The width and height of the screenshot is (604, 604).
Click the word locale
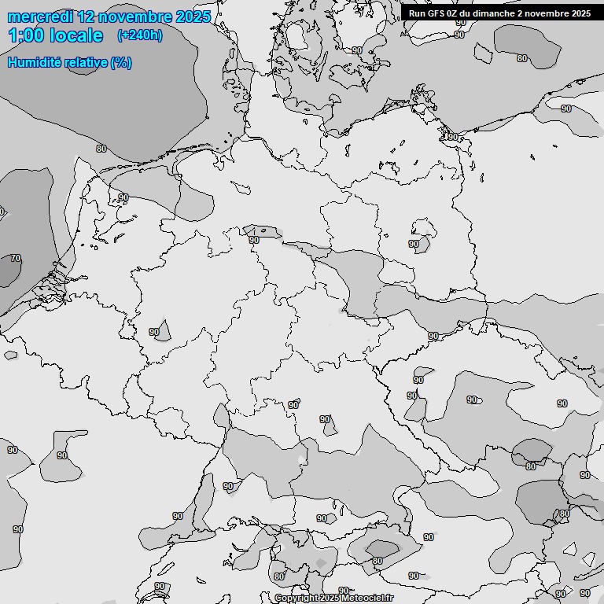pos(77,35)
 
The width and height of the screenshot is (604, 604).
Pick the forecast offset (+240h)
pos(140,35)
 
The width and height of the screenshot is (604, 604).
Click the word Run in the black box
pos(417,13)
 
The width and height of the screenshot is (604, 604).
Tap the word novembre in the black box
pos(548,13)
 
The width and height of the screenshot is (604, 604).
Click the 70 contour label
pos(15,258)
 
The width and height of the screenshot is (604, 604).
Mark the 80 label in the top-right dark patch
pos(522,57)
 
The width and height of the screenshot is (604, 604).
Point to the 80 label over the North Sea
pos(101,148)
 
